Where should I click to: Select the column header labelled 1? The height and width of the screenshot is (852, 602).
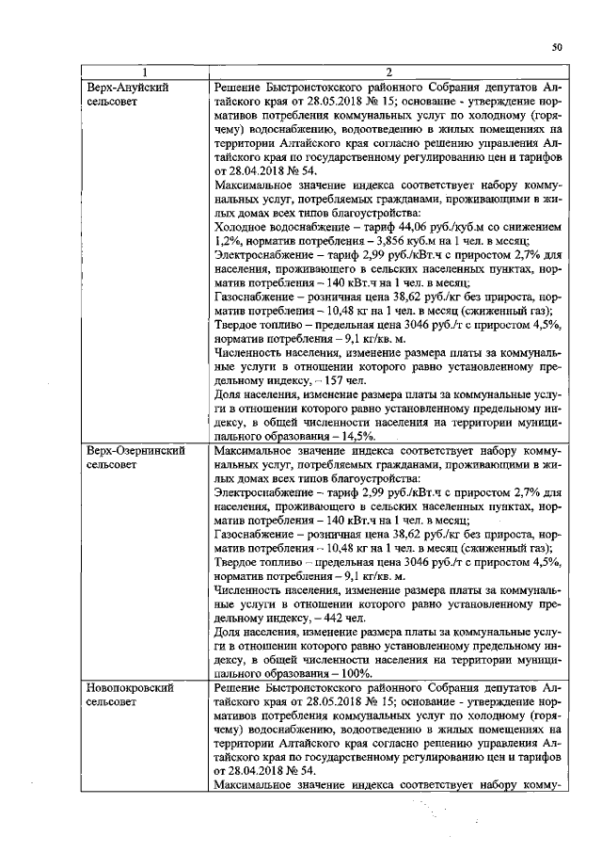[x=145, y=72]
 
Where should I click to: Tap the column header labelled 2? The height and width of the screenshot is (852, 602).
[x=388, y=72]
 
